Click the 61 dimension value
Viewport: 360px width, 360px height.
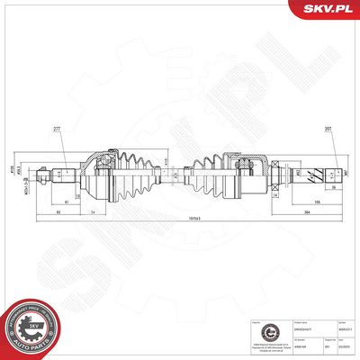click(67, 202)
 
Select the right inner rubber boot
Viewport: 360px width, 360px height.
click(209, 171)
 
